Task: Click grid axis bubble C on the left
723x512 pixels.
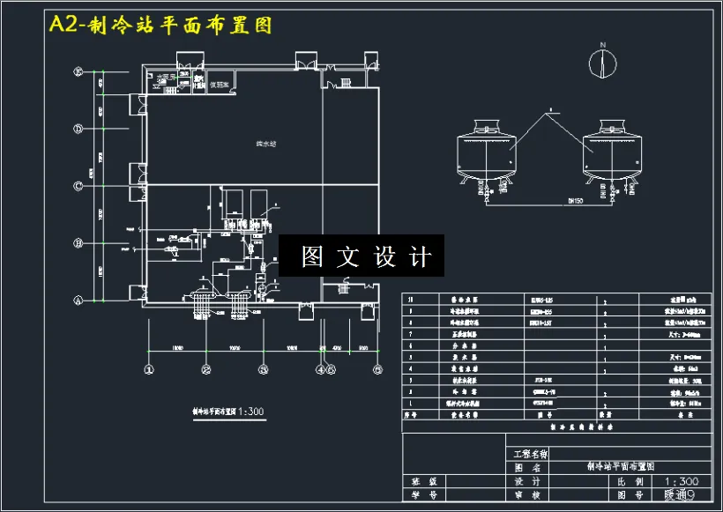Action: (x=78, y=186)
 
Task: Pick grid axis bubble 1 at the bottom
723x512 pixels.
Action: (x=149, y=369)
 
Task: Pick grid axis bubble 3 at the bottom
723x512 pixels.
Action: (x=263, y=369)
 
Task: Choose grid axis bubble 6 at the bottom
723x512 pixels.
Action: (x=377, y=369)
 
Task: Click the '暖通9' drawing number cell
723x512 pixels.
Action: (x=682, y=496)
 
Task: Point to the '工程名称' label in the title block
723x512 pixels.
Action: (x=530, y=455)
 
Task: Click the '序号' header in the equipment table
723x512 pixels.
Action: (x=410, y=412)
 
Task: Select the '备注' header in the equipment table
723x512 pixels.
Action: (x=681, y=412)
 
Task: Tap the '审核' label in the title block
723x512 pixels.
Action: (x=530, y=496)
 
